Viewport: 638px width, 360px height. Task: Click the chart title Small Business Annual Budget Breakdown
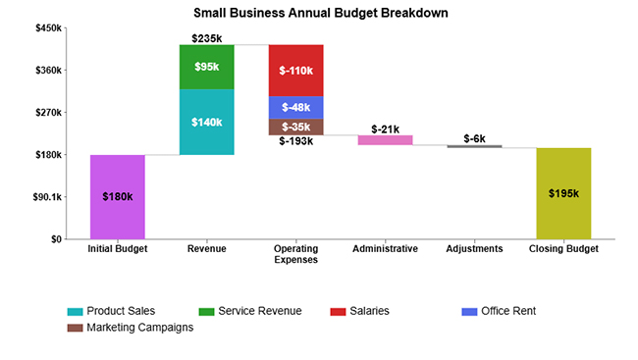[x=319, y=15]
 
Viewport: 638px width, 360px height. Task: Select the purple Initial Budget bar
[x=118, y=196]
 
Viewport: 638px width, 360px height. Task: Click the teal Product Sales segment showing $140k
[x=206, y=123]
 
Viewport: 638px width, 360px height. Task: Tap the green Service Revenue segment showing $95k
[x=206, y=67]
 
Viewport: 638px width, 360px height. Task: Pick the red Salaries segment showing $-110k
[x=295, y=71]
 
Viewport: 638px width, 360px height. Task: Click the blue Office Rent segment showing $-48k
[x=295, y=107]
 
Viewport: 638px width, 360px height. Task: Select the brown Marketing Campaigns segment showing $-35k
[x=295, y=127]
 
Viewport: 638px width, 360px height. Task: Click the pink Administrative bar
[x=385, y=140]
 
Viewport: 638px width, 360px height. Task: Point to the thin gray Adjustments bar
[x=474, y=146]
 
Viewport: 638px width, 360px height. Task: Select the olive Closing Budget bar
[x=563, y=193]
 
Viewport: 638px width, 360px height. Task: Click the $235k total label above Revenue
[x=206, y=38]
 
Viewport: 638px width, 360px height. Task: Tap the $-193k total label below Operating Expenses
[x=295, y=141]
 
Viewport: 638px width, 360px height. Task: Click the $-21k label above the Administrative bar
[x=385, y=129]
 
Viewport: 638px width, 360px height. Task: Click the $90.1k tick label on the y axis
[x=45, y=197]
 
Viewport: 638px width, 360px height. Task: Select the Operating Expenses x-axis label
[x=295, y=254]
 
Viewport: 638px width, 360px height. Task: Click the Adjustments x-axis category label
[x=474, y=249]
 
